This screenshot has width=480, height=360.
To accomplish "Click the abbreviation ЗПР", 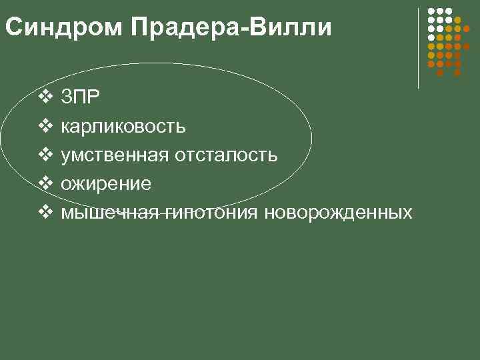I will click(81, 97).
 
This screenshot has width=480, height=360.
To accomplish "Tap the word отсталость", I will click(226, 155).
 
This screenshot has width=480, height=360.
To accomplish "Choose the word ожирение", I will click(106, 184).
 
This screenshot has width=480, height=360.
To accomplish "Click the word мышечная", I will click(110, 213).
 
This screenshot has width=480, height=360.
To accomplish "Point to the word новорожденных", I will click(338, 213).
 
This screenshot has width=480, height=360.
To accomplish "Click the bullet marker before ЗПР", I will click(45, 97).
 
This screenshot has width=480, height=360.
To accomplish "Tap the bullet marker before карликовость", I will click(45, 126).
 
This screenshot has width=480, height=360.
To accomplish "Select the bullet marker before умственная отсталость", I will click(45, 155).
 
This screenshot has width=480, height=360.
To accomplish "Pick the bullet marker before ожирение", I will click(45, 183).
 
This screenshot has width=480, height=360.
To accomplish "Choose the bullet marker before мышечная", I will click(45, 212).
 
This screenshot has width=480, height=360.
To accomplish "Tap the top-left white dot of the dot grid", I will click(431, 12).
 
